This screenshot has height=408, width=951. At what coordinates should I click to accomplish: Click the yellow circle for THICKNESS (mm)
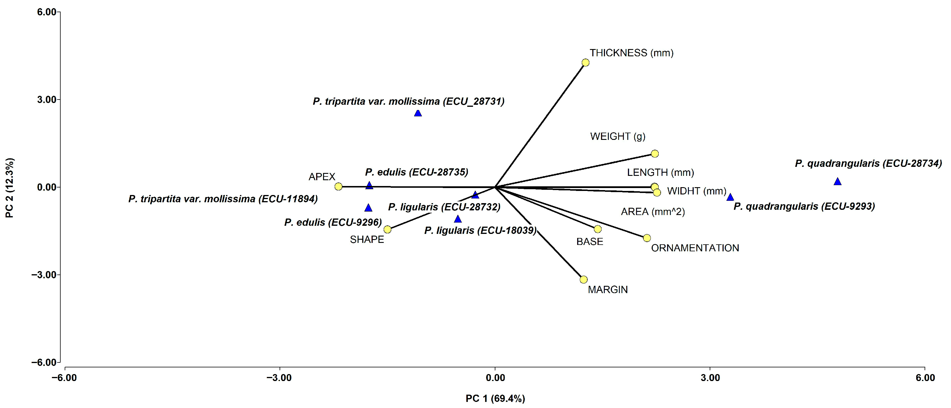586,63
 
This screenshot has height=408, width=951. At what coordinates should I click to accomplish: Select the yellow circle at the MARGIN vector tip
584,279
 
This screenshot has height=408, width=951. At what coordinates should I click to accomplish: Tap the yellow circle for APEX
338,187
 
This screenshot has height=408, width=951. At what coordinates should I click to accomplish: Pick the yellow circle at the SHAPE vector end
387,229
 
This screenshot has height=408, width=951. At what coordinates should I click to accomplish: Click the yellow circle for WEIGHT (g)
655,154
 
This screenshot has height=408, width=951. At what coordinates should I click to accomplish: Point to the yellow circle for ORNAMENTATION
647,238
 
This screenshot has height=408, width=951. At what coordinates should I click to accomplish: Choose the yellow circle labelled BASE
598,229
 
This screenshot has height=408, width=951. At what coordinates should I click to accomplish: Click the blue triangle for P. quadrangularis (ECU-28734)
838,182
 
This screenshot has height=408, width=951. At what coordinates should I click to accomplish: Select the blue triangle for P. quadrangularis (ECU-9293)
730,197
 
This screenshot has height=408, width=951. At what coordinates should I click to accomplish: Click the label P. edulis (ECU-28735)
416,172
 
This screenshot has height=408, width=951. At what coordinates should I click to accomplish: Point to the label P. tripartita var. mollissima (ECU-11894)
223,199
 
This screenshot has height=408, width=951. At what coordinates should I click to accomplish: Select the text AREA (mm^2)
653,212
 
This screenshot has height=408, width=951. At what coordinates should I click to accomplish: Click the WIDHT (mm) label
697,191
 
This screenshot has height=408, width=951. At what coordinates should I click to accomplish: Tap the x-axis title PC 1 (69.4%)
495,398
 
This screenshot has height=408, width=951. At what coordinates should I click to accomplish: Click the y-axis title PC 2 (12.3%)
10,187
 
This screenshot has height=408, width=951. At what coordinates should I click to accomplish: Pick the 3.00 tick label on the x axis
710,378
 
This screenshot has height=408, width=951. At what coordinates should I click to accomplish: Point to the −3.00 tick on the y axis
44,275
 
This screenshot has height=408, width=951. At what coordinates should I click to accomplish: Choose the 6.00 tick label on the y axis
46,12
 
